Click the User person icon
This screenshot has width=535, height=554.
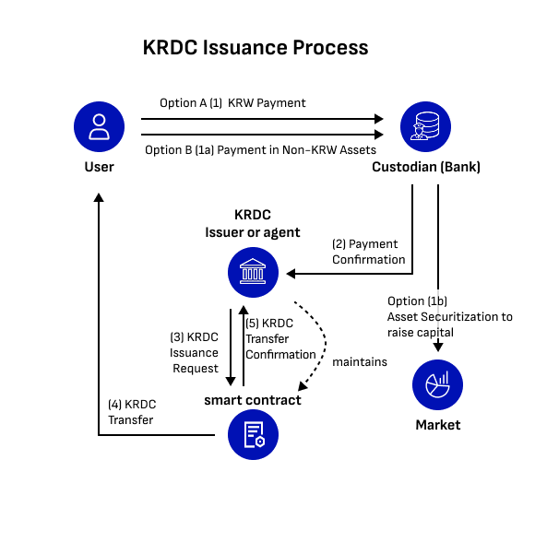99,126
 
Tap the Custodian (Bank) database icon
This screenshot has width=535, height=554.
425,126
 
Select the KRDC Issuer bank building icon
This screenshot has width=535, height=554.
253,272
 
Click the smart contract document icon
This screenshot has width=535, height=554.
253,434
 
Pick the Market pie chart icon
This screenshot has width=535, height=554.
437,384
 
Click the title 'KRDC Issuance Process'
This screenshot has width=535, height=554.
256,48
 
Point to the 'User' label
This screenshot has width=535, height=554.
99,167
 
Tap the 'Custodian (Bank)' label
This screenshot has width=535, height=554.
426,167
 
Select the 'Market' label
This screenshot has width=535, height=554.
438,425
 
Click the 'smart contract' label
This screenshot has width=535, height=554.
253,400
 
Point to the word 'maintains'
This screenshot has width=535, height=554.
360,361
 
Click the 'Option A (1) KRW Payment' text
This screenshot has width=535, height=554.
232,103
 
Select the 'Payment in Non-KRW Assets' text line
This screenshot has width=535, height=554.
296,150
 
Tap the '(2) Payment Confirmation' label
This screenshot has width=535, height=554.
368,252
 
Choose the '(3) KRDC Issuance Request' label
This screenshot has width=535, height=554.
194,353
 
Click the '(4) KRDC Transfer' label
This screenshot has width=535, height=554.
132,412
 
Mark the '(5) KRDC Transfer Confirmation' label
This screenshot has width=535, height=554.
280,339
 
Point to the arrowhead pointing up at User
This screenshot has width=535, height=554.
99,197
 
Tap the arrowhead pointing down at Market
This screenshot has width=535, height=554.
438,347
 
